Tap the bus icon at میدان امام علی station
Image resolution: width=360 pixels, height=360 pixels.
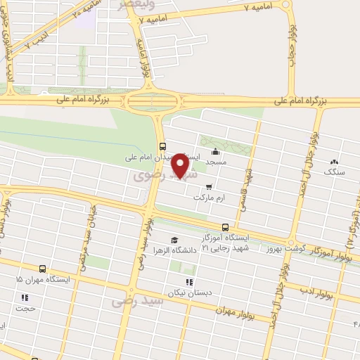163,146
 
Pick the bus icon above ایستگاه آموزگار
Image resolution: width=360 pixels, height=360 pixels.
225,227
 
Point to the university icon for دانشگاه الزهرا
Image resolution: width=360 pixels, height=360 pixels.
174,240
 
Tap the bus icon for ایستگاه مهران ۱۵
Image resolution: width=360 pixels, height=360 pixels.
42,269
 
